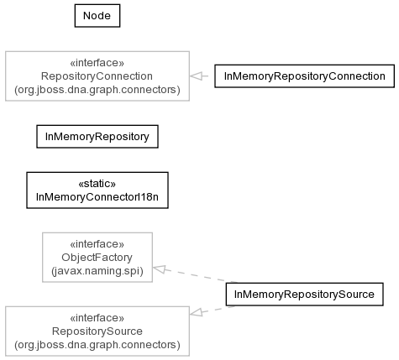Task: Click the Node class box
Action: coord(97,16)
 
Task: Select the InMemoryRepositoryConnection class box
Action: coord(304,76)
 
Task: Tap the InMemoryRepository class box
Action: coord(97,137)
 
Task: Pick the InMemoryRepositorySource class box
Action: coord(304,295)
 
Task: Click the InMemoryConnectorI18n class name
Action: coord(97,197)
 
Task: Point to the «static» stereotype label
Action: coord(97,184)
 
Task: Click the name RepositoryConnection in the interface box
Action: coord(97,76)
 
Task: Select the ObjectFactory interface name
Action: coord(97,258)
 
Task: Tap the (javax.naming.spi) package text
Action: coord(97,271)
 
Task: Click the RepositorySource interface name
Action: coord(97,331)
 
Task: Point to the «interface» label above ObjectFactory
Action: coord(97,244)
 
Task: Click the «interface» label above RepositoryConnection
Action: coord(97,63)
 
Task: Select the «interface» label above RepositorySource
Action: coord(97,318)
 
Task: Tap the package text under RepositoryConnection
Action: coord(97,90)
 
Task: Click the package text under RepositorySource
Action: coord(97,345)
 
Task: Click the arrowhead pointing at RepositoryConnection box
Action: coord(196,76)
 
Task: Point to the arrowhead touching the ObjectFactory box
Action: coord(159,269)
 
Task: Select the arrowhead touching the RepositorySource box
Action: coord(196,312)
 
